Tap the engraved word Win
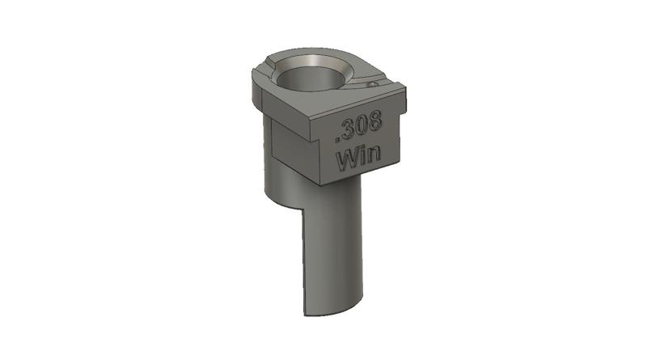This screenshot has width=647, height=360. pyautogui.click(x=361, y=156)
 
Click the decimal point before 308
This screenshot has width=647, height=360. pyautogui.click(x=341, y=134)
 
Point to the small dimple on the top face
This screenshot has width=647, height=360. pyautogui.click(x=372, y=83)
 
